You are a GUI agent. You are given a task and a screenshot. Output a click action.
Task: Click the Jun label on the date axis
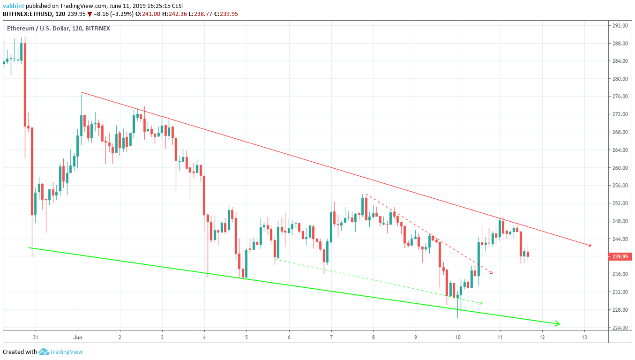(78, 337)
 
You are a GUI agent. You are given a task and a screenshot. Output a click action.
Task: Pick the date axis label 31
(36, 337)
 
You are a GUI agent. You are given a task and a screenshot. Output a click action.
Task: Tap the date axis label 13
(584, 337)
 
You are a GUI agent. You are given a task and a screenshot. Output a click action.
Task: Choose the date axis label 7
(331, 337)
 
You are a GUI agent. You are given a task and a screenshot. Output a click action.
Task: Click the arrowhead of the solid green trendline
(558, 323)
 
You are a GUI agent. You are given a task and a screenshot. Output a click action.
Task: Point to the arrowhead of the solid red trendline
(590, 246)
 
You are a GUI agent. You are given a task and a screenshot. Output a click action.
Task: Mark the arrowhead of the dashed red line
(491, 272)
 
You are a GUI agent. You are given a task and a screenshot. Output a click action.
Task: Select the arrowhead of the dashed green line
(480, 303)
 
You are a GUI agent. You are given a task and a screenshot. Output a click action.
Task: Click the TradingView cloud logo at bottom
(44, 352)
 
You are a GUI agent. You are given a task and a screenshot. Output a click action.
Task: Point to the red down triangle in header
(90, 14)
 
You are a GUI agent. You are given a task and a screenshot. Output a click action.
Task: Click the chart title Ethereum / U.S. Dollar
(38, 29)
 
